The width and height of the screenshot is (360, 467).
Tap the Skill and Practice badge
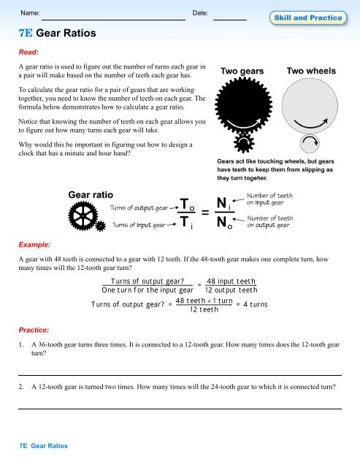pos(315,16)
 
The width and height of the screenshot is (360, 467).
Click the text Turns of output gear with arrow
pos(144,208)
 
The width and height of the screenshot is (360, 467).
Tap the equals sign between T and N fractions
pos(206,214)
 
